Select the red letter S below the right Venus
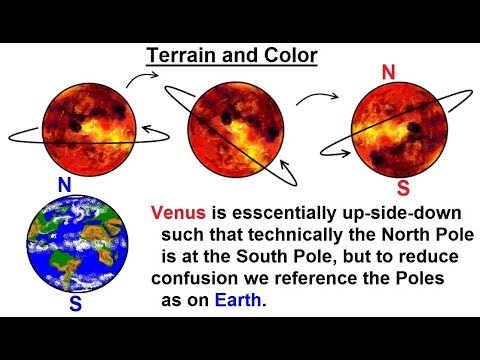401,187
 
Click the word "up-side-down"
367,211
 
